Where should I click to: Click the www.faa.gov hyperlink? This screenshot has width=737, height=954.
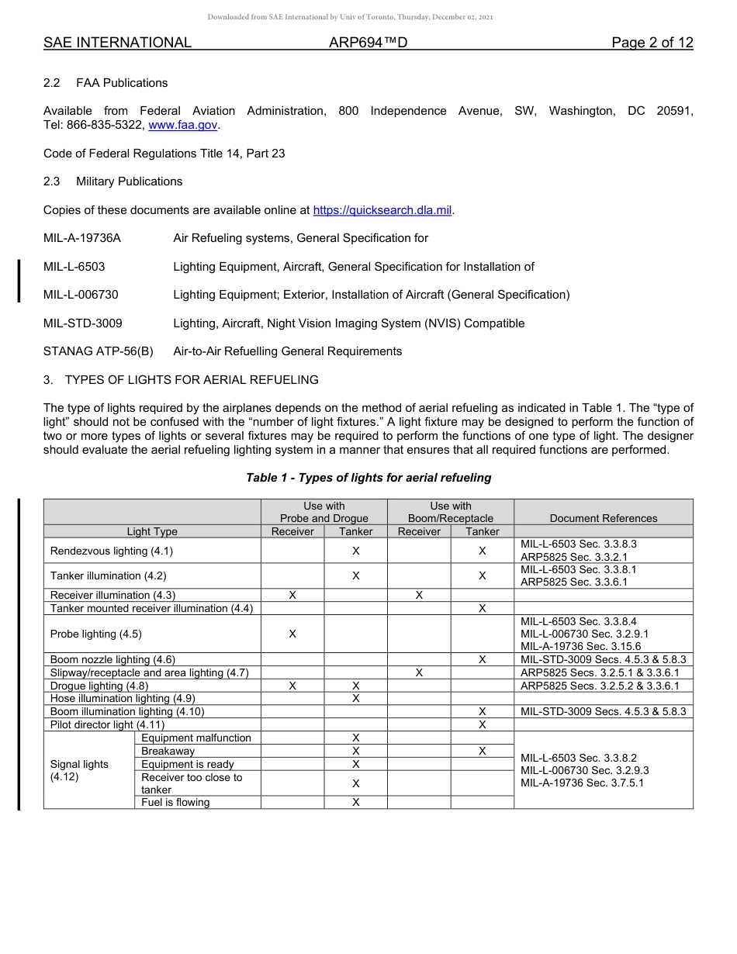(183, 125)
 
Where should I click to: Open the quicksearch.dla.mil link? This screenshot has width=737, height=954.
(382, 210)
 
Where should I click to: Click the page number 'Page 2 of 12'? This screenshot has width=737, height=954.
(652, 43)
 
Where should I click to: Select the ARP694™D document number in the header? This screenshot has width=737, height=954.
(368, 43)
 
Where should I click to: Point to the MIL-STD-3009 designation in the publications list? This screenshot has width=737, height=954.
(83, 323)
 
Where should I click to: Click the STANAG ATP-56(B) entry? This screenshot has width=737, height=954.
(99, 351)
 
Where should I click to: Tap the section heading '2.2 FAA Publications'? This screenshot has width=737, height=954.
(106, 83)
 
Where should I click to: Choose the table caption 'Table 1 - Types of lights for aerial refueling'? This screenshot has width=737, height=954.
(368, 478)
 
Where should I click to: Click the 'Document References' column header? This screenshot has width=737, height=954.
(603, 518)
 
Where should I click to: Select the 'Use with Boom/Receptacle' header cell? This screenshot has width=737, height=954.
(450, 512)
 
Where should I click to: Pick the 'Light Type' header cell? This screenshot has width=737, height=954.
(152, 531)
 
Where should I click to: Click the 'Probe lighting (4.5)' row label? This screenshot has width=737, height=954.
(96, 634)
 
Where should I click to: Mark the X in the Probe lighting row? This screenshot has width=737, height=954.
(292, 634)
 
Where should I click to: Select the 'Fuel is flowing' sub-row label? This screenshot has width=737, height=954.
(175, 802)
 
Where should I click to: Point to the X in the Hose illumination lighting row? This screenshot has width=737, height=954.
(355, 699)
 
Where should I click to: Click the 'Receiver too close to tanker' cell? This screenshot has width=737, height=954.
(192, 783)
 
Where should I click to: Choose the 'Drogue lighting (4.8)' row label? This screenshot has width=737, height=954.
(99, 686)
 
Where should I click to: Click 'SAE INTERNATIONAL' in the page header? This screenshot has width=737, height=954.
(117, 43)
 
